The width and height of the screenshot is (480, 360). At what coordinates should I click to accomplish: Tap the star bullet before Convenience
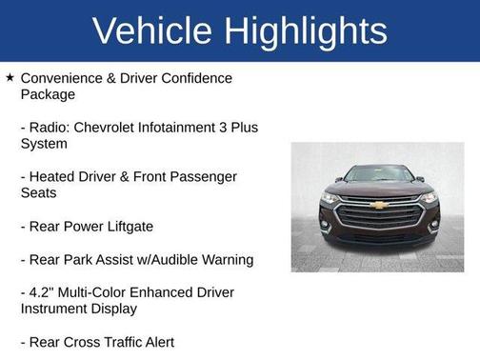[x=10, y=78]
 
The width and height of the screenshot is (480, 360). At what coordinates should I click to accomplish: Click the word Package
[x=48, y=94]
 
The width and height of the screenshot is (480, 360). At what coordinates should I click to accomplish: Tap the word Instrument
[x=56, y=309]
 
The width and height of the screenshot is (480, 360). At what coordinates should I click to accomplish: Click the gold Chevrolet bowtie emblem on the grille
[x=378, y=205]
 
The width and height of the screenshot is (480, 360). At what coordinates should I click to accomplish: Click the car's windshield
[x=378, y=175]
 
